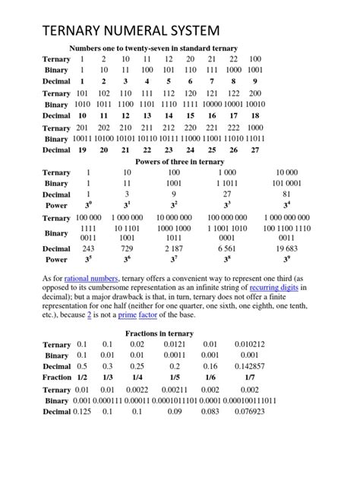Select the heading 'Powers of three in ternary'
[179, 162]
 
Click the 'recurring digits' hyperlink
[273, 289]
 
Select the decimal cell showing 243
[88, 249]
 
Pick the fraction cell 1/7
[250, 377]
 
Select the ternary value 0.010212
[250, 344]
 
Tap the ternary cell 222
[234, 128]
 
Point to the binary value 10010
[255, 104]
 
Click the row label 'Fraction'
[57, 377]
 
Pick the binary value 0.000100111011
[250, 400]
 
